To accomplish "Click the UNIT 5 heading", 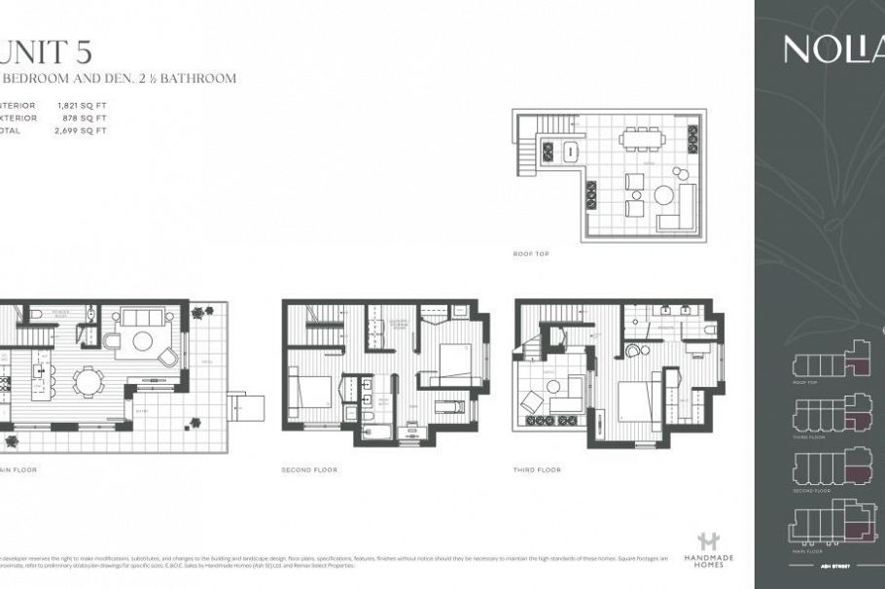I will pos(44,49).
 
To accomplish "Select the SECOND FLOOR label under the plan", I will pos(309,469).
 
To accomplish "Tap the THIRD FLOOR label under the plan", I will pos(538,469).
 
